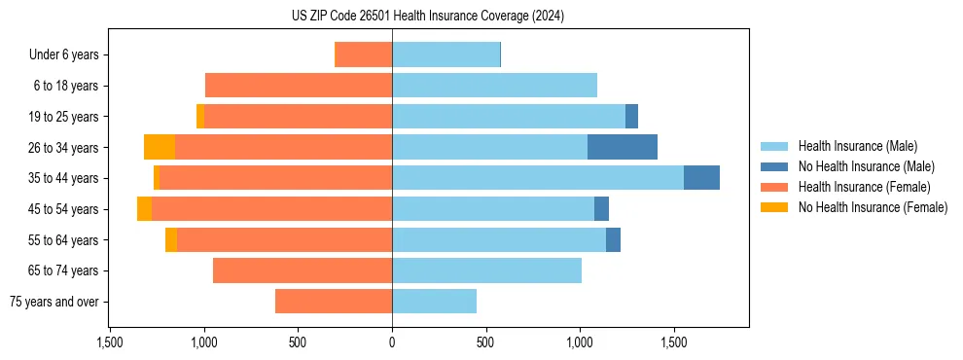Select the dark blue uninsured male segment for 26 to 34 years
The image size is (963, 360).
click(x=623, y=147)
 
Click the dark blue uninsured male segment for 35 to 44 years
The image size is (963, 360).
click(x=701, y=178)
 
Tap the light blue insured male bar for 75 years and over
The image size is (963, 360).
click(x=434, y=302)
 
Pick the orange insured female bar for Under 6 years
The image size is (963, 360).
click(x=363, y=54)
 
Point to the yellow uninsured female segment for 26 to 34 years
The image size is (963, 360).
click(x=160, y=147)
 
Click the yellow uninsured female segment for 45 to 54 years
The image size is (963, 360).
click(x=144, y=209)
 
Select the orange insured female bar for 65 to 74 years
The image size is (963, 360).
click(x=303, y=270)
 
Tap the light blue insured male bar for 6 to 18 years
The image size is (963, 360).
click(x=494, y=86)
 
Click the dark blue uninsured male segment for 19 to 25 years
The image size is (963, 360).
click(x=631, y=117)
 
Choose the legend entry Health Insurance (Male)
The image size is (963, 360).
click(x=857, y=146)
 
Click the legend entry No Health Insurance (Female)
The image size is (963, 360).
click(x=873, y=207)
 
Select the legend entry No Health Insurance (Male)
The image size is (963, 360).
click(x=866, y=166)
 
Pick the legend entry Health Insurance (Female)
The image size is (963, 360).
click(x=864, y=187)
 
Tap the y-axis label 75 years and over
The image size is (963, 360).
click(x=54, y=302)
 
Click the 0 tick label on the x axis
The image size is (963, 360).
click(x=392, y=342)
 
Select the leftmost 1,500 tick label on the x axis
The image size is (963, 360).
click(x=110, y=342)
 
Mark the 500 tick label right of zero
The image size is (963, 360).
click(x=486, y=342)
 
